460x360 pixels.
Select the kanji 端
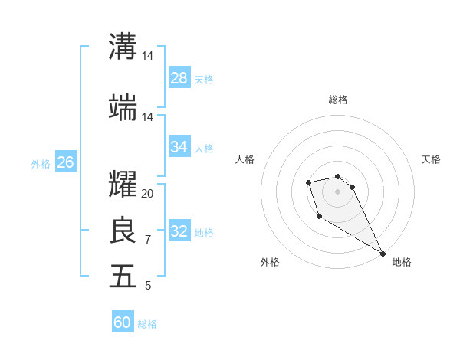click(x=123, y=108)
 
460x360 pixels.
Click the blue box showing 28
click(x=179, y=78)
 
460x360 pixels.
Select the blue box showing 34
click(x=179, y=147)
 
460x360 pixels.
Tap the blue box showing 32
click(x=179, y=231)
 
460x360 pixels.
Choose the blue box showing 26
click(x=66, y=162)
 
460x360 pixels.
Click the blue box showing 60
click(x=123, y=322)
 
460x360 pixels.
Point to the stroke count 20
click(x=148, y=194)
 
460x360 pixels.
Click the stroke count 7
click(x=148, y=240)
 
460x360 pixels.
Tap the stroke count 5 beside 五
click(x=148, y=286)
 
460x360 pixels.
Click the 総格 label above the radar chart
click(x=337, y=100)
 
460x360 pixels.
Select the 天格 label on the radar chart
click(x=431, y=159)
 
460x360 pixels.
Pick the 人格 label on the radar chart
click(x=245, y=159)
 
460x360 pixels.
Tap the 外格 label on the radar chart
click(x=270, y=262)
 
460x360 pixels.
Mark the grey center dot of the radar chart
click(x=337, y=191)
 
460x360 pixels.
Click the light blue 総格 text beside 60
click(x=147, y=324)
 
